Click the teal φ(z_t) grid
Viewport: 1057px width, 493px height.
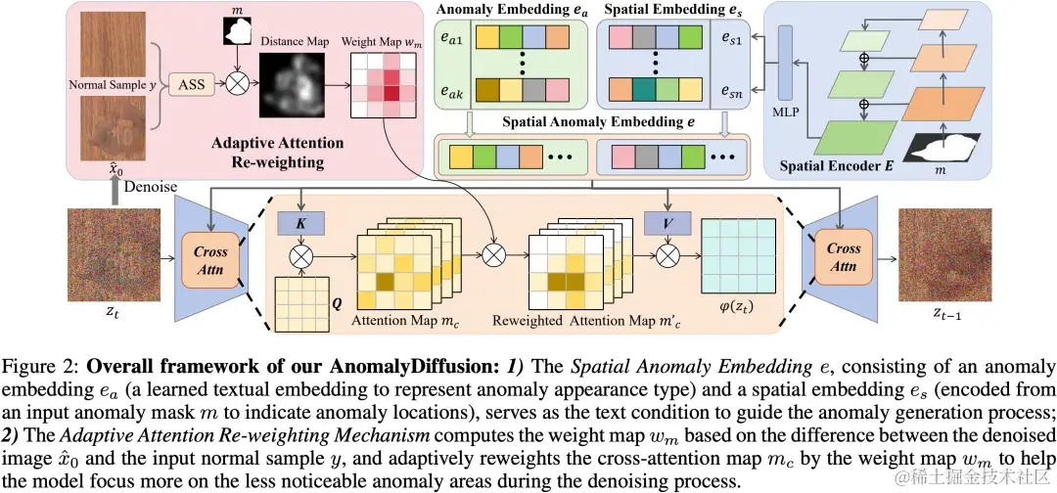click(734, 258)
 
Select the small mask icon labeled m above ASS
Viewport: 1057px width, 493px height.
click(235, 31)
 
